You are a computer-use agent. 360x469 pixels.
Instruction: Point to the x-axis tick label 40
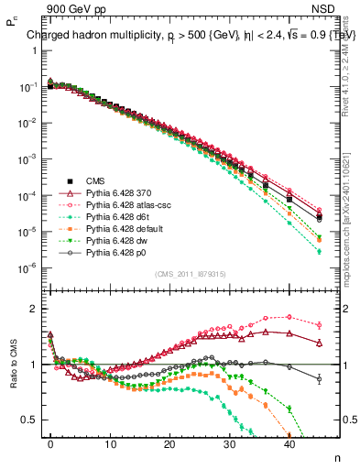(x=289, y=442)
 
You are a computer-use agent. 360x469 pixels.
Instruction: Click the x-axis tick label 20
(x=169, y=442)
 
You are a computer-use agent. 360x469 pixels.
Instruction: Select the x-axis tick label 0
(x=50, y=442)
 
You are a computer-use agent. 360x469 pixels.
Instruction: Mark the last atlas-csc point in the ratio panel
(x=319, y=324)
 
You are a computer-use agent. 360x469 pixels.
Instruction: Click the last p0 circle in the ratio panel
(x=319, y=378)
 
